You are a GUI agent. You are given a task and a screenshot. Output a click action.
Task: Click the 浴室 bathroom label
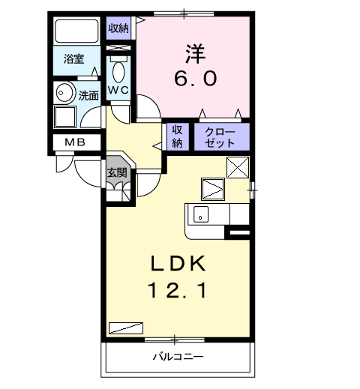pyautogui.click(x=73, y=58)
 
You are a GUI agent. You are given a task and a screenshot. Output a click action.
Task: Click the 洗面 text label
pyautogui.click(x=88, y=95)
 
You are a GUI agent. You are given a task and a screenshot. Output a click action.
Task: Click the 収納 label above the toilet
pyautogui.click(x=118, y=29)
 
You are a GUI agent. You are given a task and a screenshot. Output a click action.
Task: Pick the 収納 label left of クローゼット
pyautogui.click(x=178, y=136)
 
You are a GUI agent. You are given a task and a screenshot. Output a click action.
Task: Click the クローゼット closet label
pyautogui.click(x=221, y=136)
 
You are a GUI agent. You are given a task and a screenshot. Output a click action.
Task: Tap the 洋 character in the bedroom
pyautogui.click(x=194, y=53)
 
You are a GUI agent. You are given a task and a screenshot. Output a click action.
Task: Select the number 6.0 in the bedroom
pyautogui.click(x=194, y=78)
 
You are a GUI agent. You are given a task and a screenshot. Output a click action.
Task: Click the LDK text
pyautogui.click(x=178, y=263)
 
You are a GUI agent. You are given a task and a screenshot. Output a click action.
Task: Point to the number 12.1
pyautogui.click(x=178, y=289)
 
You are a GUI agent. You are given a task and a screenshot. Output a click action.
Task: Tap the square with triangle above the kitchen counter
pyautogui.click(x=212, y=188)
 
